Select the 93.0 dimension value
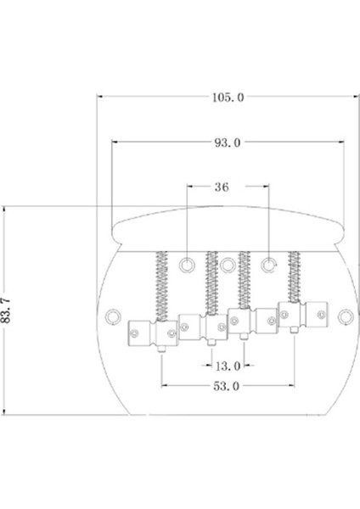tap(228, 143)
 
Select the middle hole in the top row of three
tap(228, 265)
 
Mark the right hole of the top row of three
tap(269, 265)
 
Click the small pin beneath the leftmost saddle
tap(160, 350)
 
